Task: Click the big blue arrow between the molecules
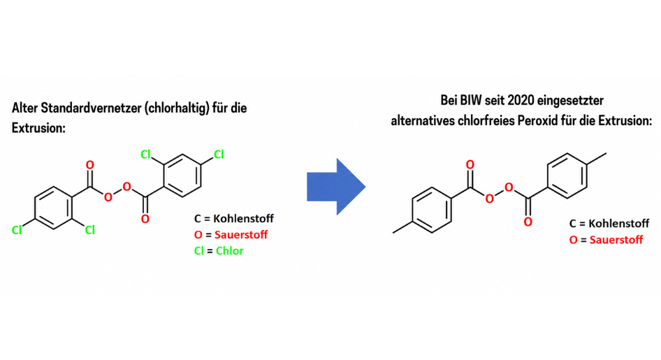click(336, 187)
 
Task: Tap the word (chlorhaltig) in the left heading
click(177, 109)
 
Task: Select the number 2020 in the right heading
click(521, 101)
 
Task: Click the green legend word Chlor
click(230, 251)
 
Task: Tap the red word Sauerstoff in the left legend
click(241, 235)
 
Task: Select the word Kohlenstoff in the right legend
click(619, 224)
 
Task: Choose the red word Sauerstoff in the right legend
click(616, 240)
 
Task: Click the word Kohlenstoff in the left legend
click(244, 218)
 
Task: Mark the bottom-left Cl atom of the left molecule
click(17, 230)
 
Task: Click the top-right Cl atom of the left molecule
click(219, 154)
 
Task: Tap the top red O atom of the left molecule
click(90, 165)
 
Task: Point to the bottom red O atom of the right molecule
click(528, 222)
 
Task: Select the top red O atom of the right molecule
click(470, 164)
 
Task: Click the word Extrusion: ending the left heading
click(38, 128)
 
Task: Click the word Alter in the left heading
click(25, 108)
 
